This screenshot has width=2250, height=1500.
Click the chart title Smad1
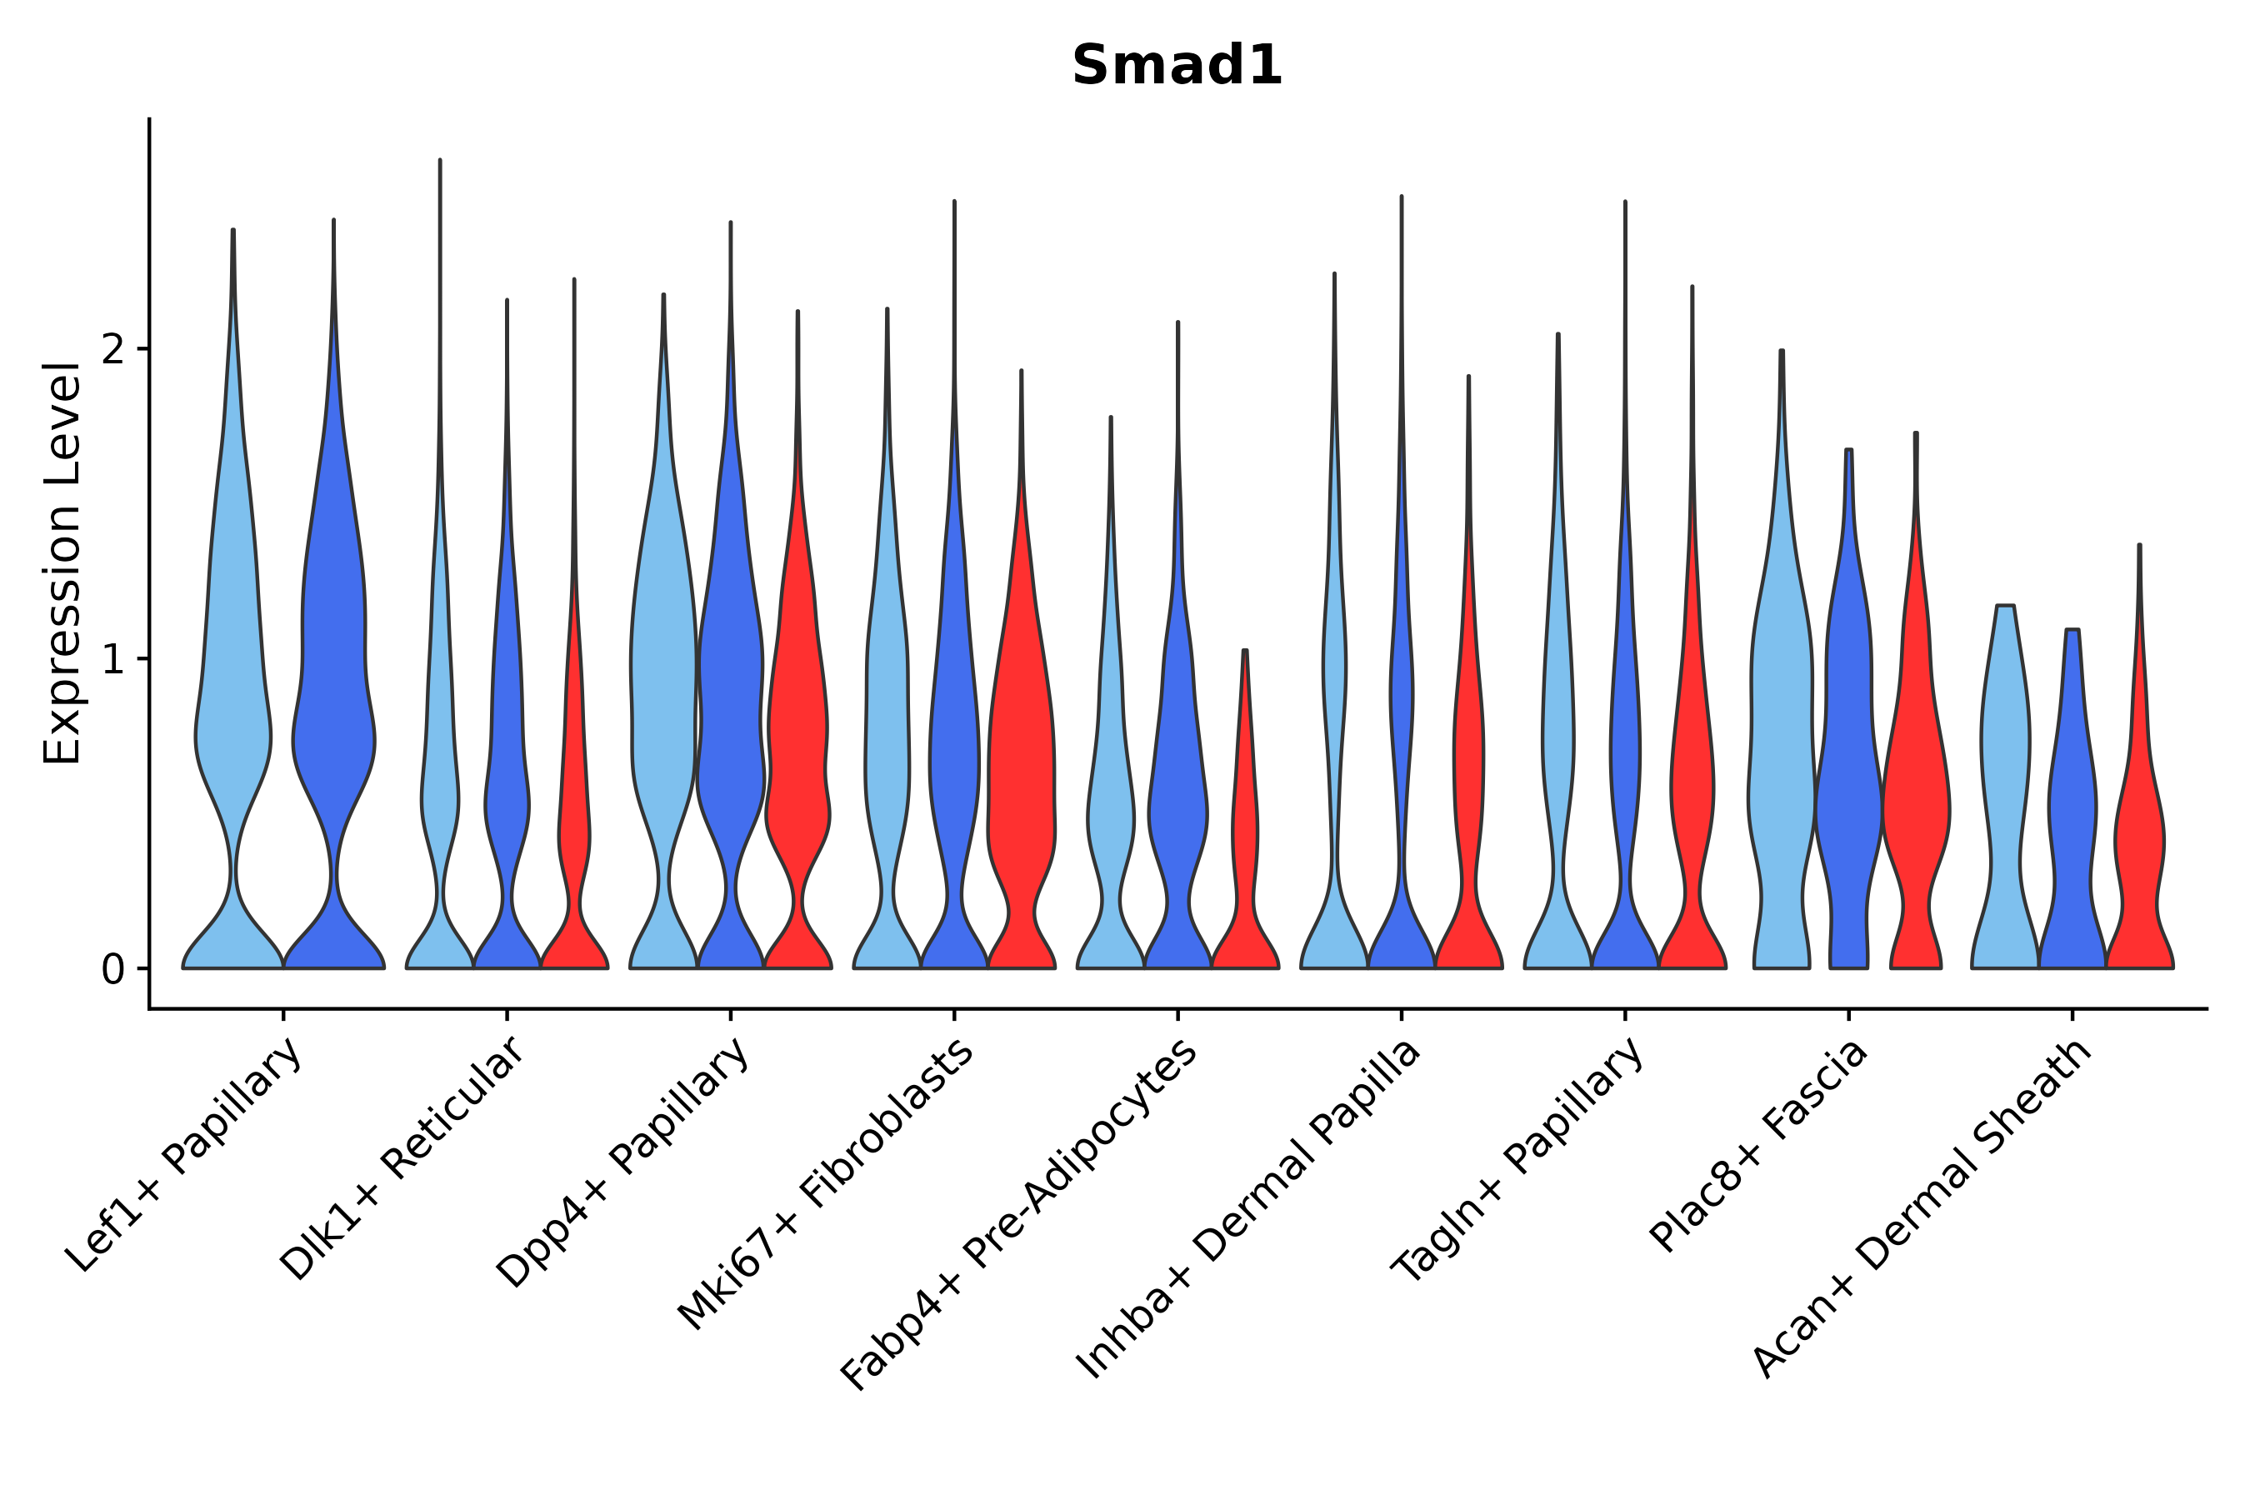click(x=1176, y=66)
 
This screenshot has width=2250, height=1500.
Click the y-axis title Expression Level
click(x=62, y=563)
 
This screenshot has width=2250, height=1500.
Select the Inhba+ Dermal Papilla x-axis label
click(x=1247, y=1209)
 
